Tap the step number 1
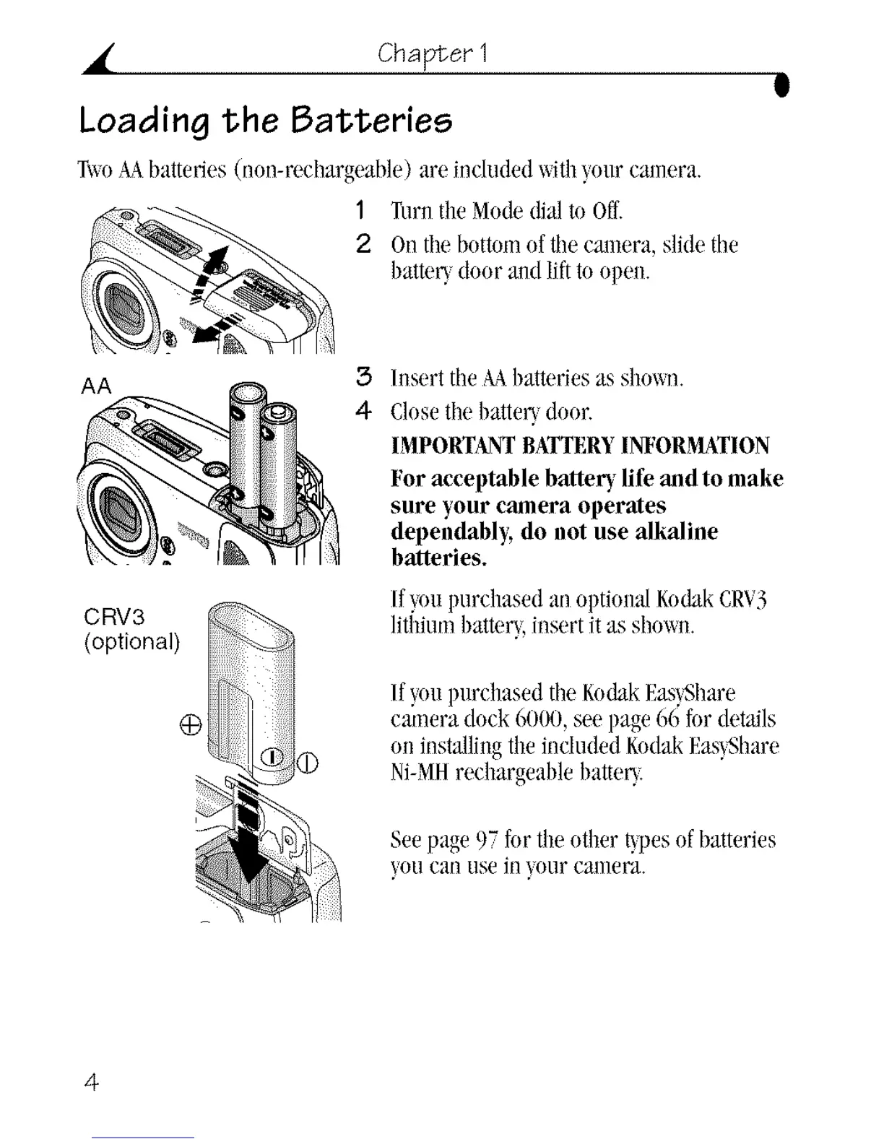click(360, 211)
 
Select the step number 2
click(363, 244)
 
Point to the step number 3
click(363, 377)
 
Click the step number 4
click(363, 410)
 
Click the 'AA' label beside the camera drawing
click(97, 386)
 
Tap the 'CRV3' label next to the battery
click(114, 616)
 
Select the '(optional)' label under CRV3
click(131, 641)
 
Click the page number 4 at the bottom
click(91, 1081)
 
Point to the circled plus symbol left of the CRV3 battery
click(190, 724)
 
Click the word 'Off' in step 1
click(607, 211)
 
